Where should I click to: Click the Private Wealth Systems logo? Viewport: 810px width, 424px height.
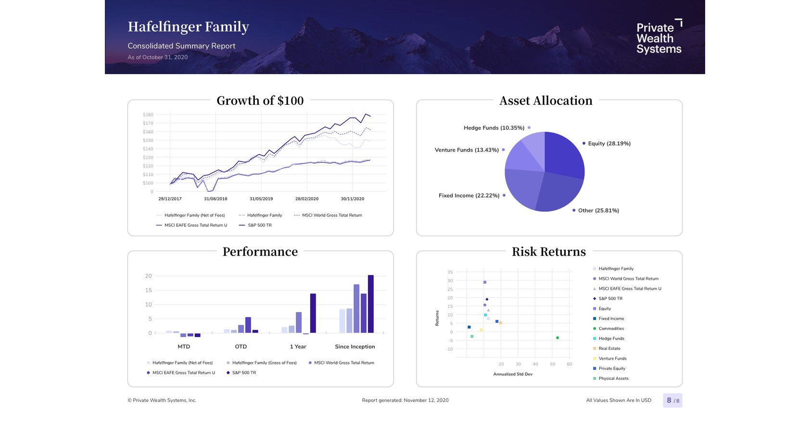click(659, 37)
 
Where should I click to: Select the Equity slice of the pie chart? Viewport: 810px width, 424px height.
click(563, 154)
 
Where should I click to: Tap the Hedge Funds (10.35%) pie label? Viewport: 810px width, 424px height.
click(494, 128)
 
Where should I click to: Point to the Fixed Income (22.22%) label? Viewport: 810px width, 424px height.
click(469, 196)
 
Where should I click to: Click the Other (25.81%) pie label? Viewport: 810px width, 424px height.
click(598, 211)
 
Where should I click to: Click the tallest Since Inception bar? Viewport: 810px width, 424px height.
click(370, 304)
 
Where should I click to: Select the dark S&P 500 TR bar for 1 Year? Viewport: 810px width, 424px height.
click(313, 313)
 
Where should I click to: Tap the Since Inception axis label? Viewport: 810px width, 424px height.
click(355, 347)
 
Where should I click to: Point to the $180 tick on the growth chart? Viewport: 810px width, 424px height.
click(148, 115)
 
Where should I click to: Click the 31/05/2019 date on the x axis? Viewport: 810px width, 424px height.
click(261, 199)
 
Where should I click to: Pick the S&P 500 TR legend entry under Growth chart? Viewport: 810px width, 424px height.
click(259, 225)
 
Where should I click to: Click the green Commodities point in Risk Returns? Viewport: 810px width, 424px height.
click(557, 338)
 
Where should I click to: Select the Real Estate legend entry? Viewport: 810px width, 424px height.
click(609, 349)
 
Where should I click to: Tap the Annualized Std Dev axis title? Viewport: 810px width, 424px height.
click(513, 374)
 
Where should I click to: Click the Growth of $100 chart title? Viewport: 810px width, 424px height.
click(260, 100)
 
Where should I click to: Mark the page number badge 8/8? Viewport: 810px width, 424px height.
click(672, 400)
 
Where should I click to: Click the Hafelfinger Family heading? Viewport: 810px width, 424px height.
click(189, 27)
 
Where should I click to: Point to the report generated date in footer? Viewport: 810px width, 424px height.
click(405, 400)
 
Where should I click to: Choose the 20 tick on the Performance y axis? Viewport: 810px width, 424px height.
click(149, 276)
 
